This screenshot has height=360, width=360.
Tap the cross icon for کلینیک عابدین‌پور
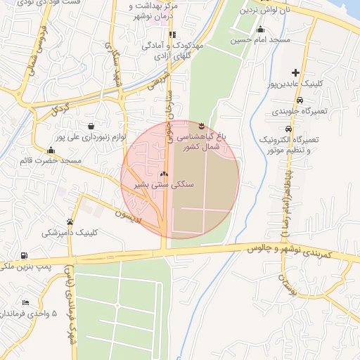coord(295,72)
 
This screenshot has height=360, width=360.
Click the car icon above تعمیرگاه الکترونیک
coord(288,129)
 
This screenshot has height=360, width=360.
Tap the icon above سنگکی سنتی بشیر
coord(164,174)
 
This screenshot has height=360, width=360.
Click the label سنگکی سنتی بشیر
coord(163,184)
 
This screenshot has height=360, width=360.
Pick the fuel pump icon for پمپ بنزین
coord(25,255)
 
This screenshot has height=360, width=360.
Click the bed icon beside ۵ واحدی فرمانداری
coord(25,302)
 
